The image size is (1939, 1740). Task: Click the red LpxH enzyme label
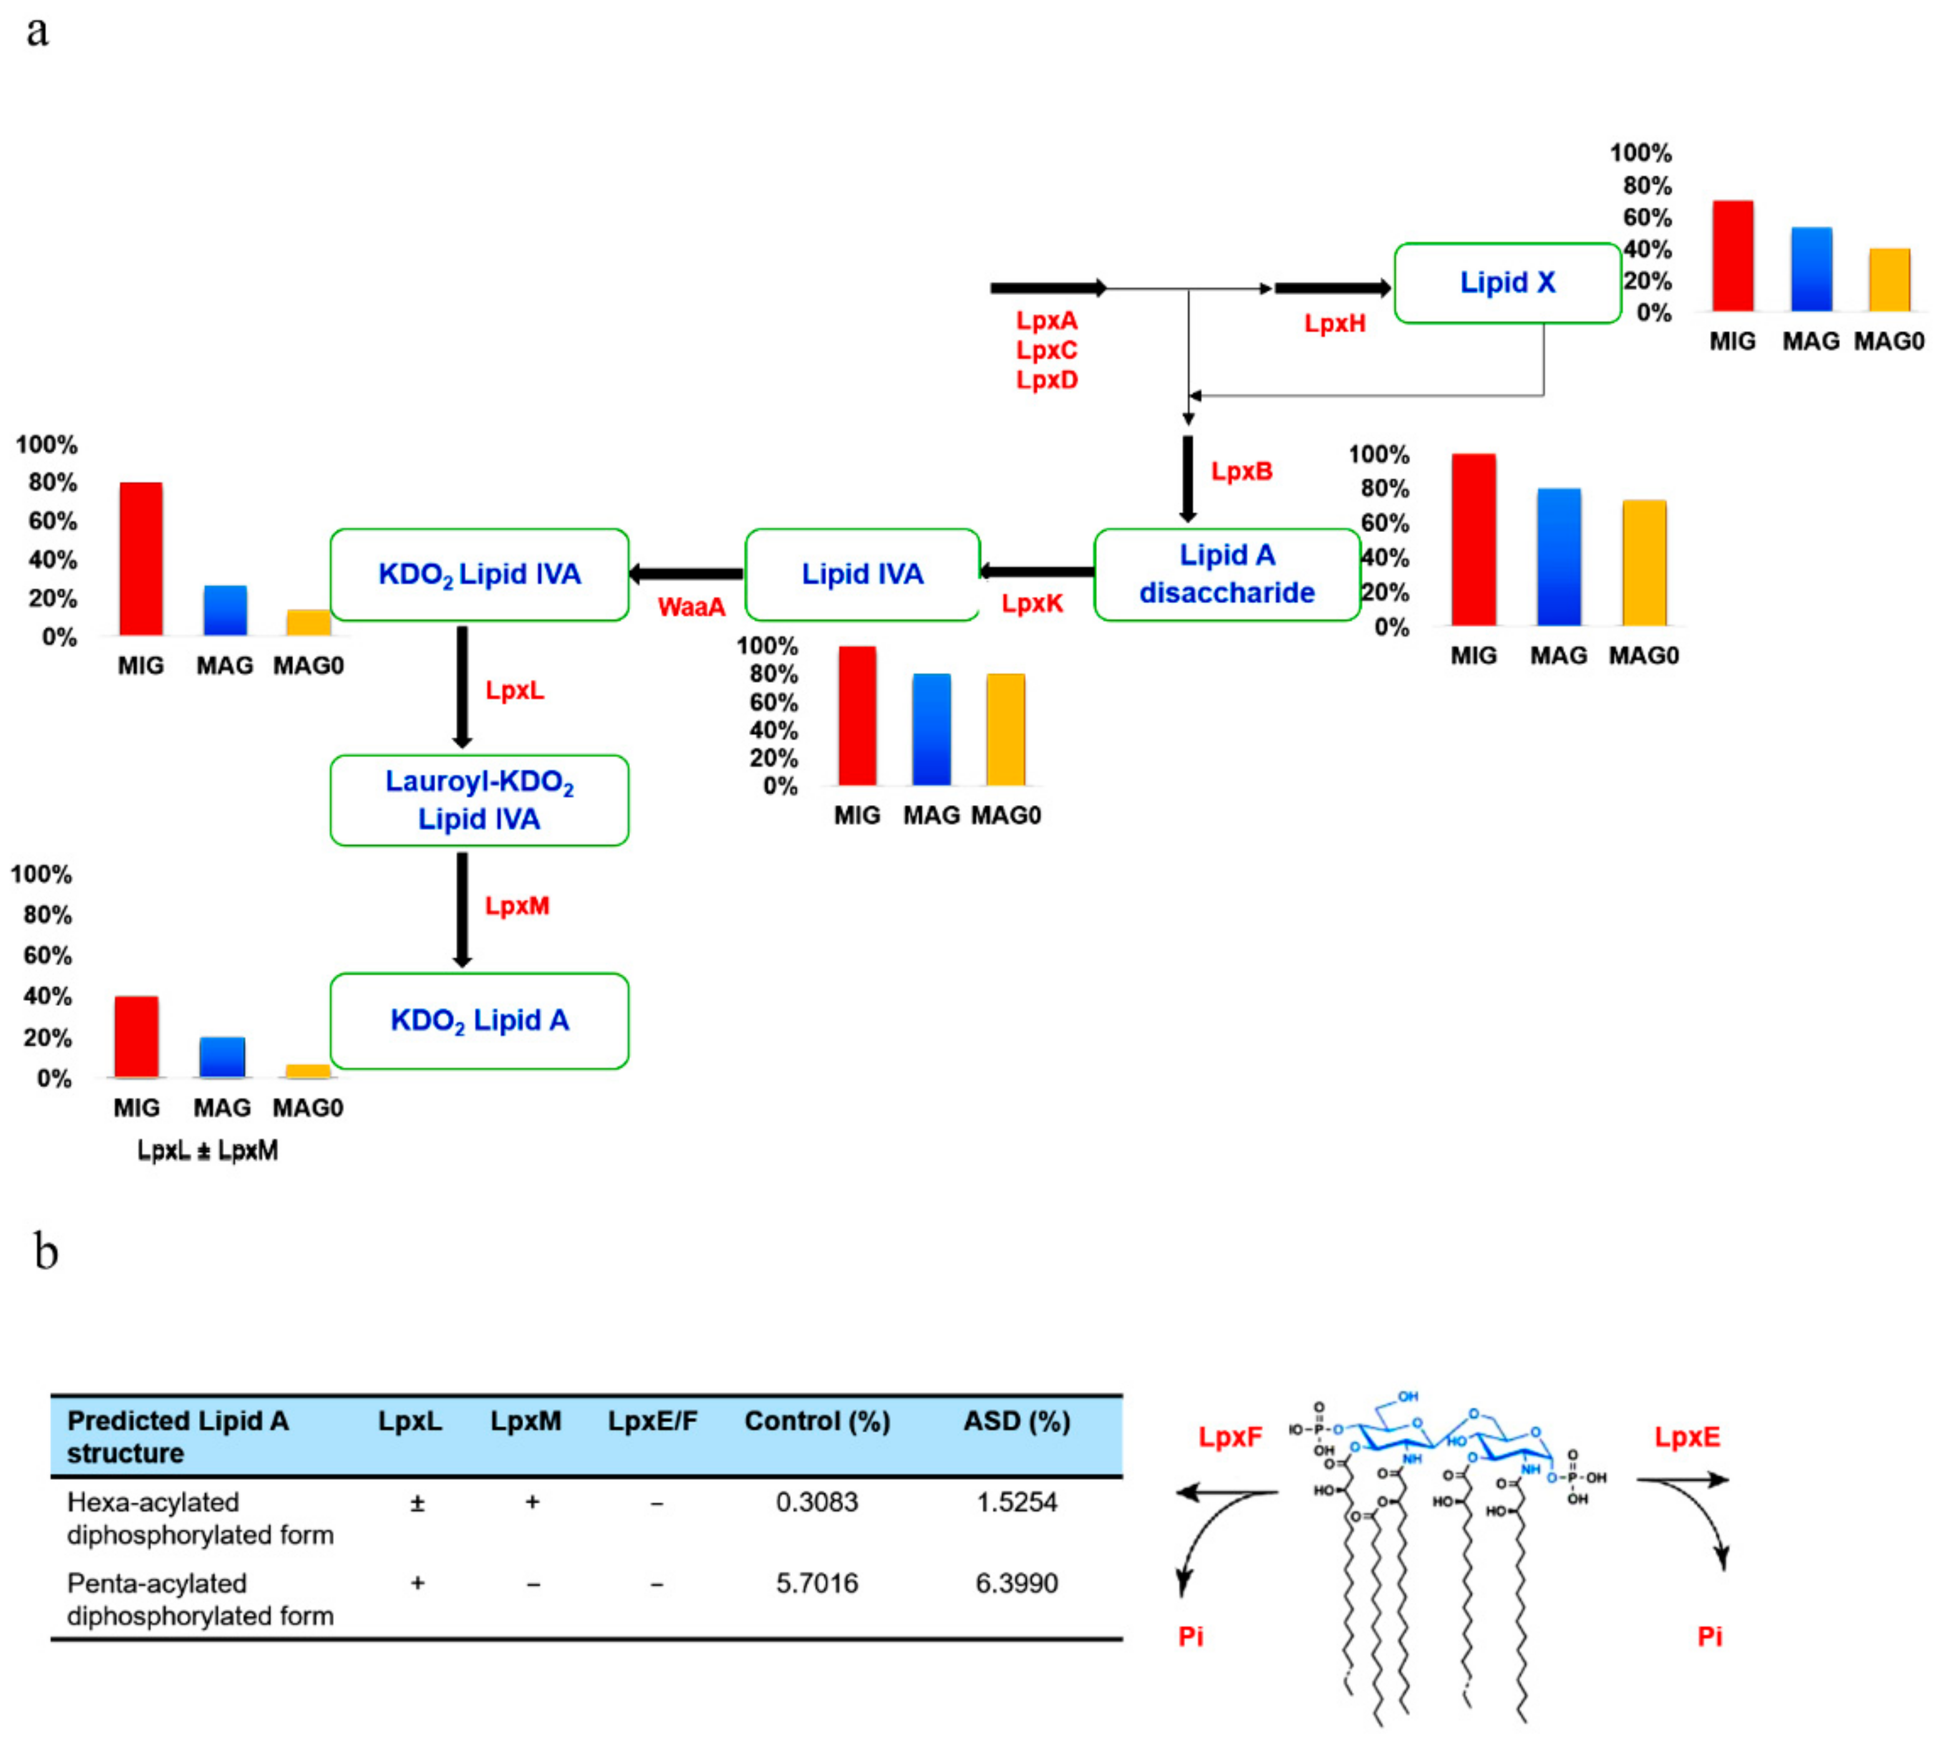coord(1334,324)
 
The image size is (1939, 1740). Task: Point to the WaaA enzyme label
coord(690,607)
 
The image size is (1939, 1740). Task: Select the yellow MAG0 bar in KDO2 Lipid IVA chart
coord(308,622)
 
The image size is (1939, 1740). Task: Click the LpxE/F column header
coord(652,1422)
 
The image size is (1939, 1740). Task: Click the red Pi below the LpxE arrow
coord(1709,1636)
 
